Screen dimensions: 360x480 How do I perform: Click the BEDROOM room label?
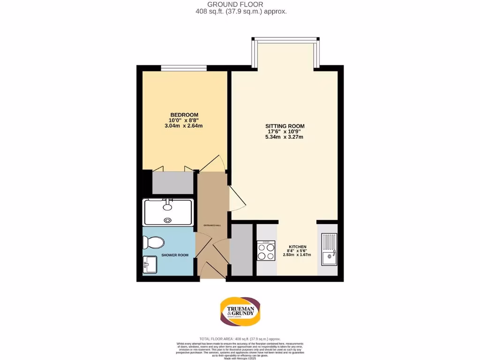coord(184,115)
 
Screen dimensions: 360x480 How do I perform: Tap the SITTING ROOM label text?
coord(285,126)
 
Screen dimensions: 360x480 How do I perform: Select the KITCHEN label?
coord(297,247)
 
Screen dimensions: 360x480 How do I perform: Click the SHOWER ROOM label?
coord(175,255)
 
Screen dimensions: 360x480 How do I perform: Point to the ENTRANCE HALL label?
coord(212,225)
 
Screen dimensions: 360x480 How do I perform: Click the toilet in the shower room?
coord(154,242)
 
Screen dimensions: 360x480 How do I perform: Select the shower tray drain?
coord(167,219)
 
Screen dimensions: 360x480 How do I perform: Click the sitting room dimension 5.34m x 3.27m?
coord(285,137)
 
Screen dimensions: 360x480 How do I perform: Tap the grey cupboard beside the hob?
coord(242,250)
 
